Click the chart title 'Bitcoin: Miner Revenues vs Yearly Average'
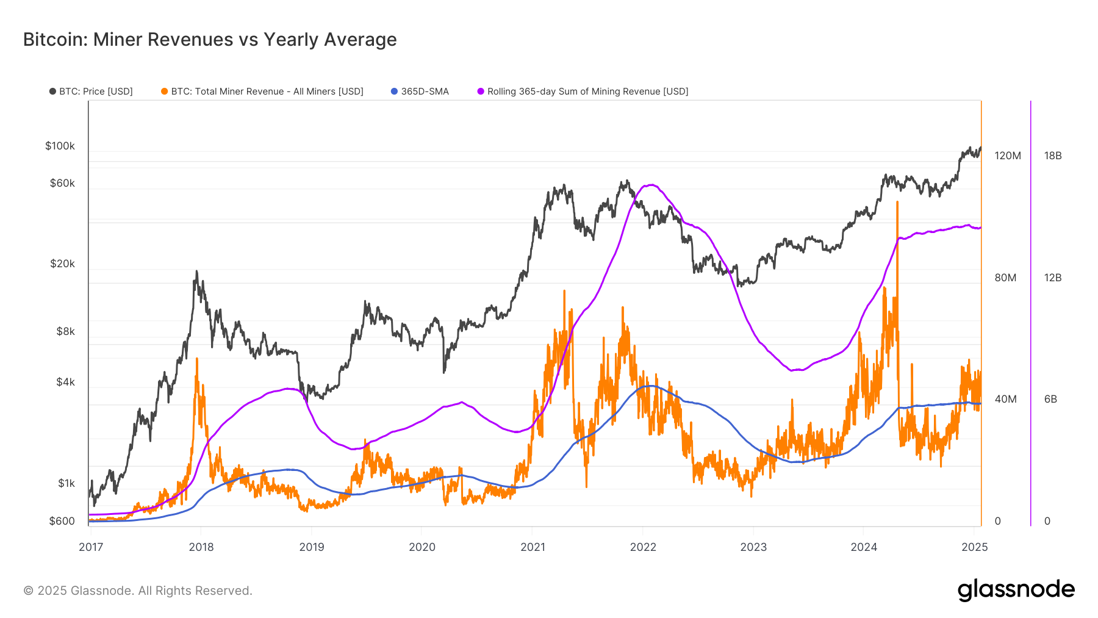(210, 40)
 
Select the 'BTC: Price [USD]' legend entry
(91, 92)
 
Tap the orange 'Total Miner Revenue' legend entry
(263, 92)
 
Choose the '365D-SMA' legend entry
(420, 92)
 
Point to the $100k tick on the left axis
(60, 146)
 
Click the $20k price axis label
(62, 264)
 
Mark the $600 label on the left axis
(62, 521)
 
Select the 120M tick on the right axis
(1007, 156)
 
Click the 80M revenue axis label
(1005, 278)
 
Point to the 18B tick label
(1053, 156)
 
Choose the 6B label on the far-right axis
(1050, 399)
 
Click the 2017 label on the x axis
(91, 547)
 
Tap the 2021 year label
(533, 547)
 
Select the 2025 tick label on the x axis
(974, 547)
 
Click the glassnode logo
(1016, 590)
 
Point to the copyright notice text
(138, 591)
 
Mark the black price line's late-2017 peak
(196, 271)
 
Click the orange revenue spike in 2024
(897, 202)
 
